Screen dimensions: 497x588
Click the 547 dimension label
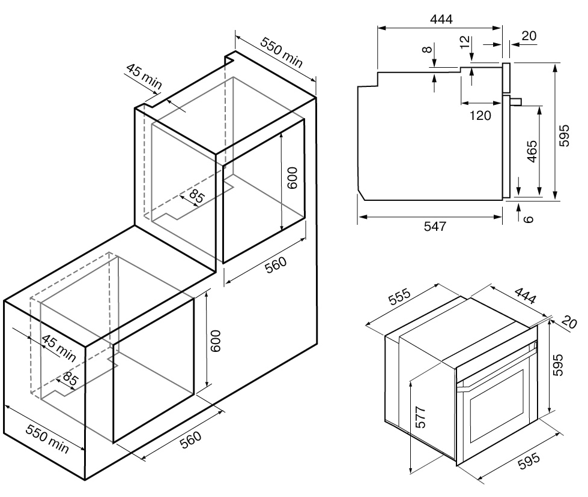(434, 226)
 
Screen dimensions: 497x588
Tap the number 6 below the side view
(529, 219)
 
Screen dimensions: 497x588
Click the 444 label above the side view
(441, 19)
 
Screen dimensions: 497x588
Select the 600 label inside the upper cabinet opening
(291, 179)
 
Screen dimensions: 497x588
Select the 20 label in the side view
(529, 36)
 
